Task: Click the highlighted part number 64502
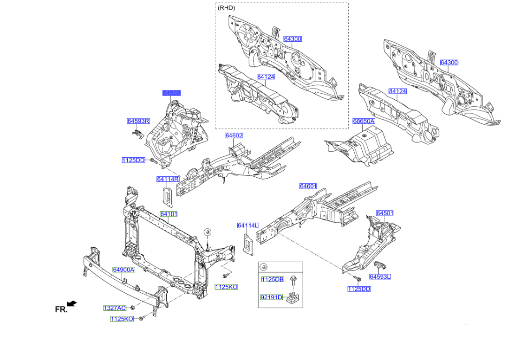point(171,93)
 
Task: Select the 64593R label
point(138,121)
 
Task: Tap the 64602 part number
point(234,135)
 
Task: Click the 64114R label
point(168,179)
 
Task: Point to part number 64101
point(169,214)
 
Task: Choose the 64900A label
point(123,270)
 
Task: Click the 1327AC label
point(115,308)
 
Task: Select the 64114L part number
point(247,225)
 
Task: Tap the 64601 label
point(308,186)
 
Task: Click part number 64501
point(384,213)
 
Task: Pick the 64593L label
point(380,277)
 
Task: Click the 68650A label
point(364,121)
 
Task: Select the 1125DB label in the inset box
point(272,279)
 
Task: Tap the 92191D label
point(272,297)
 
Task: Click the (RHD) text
point(226,8)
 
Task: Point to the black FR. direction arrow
point(72,303)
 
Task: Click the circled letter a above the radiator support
point(208,231)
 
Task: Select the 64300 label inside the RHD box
point(293,39)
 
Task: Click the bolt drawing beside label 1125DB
point(293,279)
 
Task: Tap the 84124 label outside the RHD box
point(397,91)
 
